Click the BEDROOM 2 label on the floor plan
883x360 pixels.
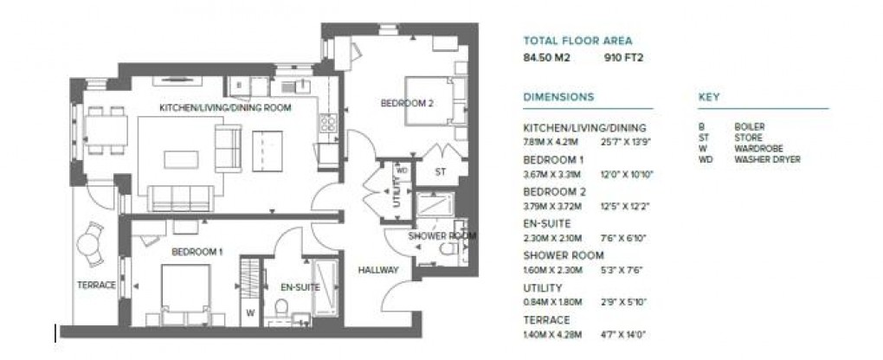407,104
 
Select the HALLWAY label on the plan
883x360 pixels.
378,270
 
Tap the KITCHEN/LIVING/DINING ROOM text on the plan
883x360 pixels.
224,108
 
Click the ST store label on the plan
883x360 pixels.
440,171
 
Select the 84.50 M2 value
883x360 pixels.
543,59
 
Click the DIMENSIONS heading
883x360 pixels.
558,97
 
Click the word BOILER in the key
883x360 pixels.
749,127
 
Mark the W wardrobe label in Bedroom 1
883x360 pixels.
250,313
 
